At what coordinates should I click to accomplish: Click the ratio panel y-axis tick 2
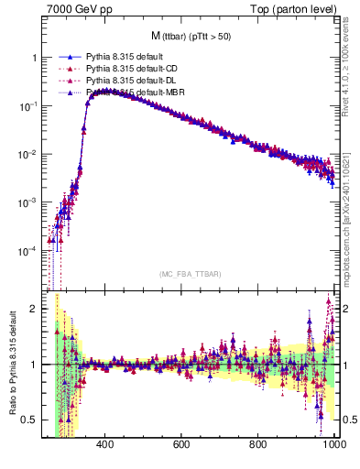click(32, 309)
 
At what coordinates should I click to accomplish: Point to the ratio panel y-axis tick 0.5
click(28, 420)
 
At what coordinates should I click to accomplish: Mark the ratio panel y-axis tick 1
click(32, 365)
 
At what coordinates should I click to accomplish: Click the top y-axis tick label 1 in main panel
click(32, 58)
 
